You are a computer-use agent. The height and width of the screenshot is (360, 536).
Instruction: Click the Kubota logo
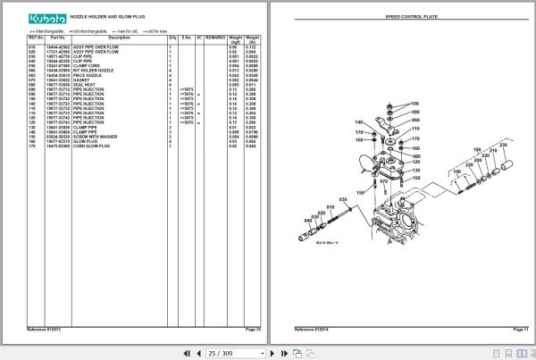[x=37, y=19]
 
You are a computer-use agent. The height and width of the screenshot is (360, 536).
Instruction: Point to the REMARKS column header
[x=214, y=39]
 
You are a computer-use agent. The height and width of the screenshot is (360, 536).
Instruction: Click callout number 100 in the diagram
[x=416, y=104]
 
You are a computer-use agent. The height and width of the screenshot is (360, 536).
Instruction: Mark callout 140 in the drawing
[x=359, y=122]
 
